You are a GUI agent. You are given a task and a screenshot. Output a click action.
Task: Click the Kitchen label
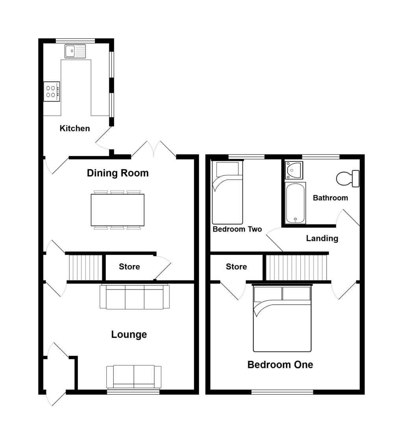74,128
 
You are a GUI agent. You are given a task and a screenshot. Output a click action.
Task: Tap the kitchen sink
75,51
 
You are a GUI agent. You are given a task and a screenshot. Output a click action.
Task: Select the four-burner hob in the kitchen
52,91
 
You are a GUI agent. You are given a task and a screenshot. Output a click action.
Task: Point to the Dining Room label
118,173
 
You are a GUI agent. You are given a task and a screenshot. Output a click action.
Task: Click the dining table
117,210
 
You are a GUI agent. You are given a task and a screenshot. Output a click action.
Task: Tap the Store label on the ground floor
129,267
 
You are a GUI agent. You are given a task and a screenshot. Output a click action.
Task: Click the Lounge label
129,334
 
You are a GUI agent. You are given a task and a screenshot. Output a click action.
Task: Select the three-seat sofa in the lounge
135,297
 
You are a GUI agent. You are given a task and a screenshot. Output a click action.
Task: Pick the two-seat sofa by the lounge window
134,377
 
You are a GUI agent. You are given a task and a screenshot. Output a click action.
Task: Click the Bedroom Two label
237,229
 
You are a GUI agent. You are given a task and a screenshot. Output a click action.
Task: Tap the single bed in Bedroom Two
227,192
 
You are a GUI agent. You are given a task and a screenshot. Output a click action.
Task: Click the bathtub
296,203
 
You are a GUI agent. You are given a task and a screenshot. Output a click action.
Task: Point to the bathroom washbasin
294,170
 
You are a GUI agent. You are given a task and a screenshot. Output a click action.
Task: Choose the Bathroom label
330,198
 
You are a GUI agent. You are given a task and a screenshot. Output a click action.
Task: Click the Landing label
322,238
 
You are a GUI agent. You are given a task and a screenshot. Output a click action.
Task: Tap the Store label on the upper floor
236,267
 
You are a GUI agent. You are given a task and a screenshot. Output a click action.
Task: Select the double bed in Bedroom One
282,318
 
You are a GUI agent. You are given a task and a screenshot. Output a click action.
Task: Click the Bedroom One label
280,364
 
